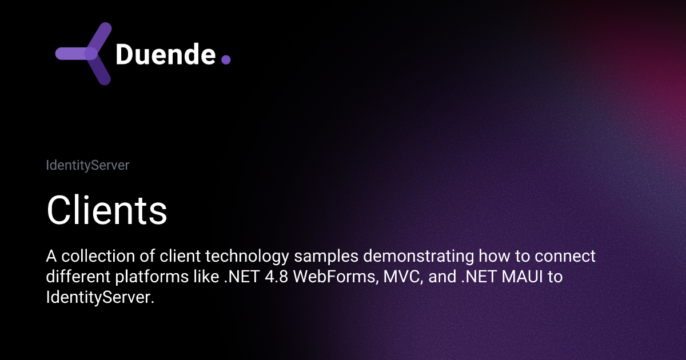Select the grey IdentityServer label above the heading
(87, 166)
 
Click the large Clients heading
(107, 210)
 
